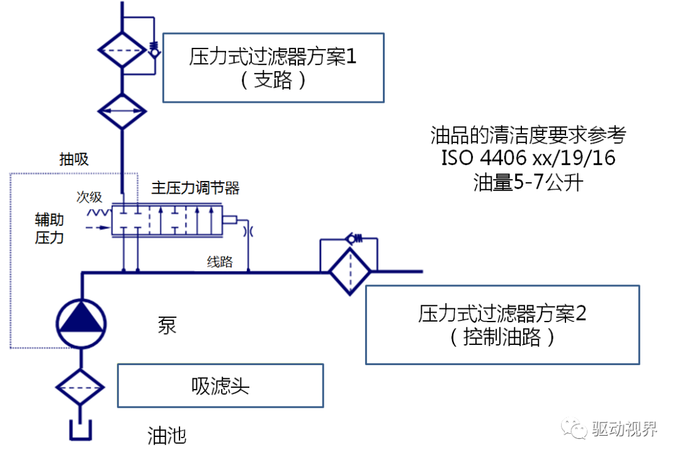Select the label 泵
pos(167,325)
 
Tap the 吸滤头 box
pos(220,385)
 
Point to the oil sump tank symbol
pos(81,431)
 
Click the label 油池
pos(167,436)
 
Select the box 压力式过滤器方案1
pos(273,67)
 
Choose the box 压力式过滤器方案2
pos(502,325)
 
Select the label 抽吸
pos(74,159)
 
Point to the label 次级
pos(89,197)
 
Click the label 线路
pos(220,262)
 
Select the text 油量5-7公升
pos(528,182)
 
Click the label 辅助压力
pos(49,229)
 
